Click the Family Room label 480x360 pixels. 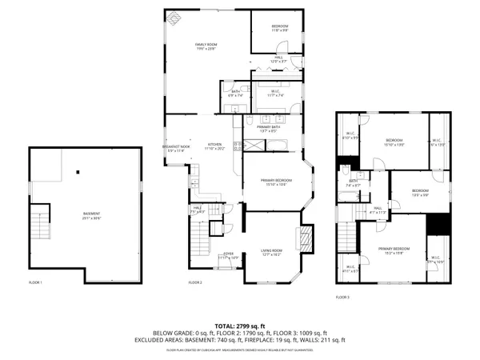[207, 46]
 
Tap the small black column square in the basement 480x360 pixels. [78, 171]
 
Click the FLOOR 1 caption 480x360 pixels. [35, 282]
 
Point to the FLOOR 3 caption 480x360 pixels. [342, 297]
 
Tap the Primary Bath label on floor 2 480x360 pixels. [267, 128]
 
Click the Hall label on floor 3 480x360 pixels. [378, 210]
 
